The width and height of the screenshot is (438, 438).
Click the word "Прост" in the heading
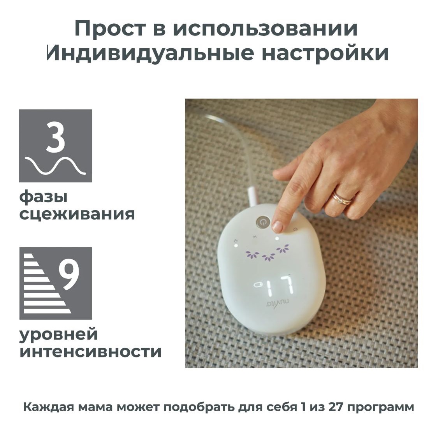(110, 29)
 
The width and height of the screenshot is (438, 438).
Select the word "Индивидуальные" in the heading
(150, 53)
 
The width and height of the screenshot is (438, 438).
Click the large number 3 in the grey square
(56, 138)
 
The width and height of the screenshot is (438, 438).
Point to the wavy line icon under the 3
(55, 165)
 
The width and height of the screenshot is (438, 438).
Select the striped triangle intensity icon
(47, 283)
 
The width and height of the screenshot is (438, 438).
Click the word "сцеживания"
(77, 215)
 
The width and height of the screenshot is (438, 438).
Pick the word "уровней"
(58, 334)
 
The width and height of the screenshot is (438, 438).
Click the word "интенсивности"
(90, 352)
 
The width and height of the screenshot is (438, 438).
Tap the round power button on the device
(263, 222)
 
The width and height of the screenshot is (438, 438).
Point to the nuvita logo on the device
(277, 303)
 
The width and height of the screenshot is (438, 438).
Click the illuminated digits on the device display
(280, 286)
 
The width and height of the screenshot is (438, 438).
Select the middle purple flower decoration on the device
(268, 257)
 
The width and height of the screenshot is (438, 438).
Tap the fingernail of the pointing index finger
(277, 227)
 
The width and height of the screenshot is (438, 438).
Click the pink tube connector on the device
(253, 197)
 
